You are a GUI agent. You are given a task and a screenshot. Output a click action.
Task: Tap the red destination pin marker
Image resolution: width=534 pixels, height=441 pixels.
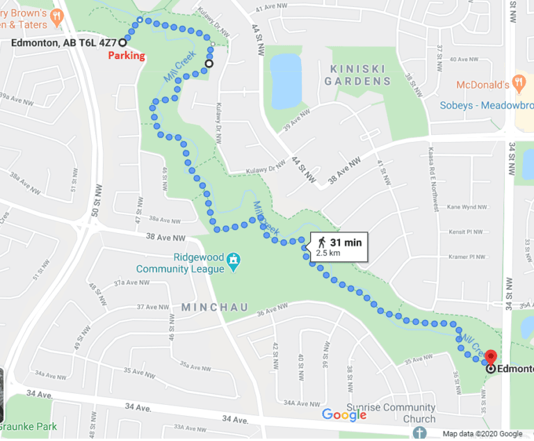click(x=491, y=355)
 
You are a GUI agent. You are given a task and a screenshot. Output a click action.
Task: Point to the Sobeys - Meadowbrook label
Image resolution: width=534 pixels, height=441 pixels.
click(x=486, y=106)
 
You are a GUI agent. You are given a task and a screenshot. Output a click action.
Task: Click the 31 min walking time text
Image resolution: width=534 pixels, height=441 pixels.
click(x=346, y=242)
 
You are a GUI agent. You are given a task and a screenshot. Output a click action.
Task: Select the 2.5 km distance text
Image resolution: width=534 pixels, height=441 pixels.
click(x=329, y=253)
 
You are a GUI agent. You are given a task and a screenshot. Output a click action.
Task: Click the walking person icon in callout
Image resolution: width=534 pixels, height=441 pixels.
click(x=321, y=242)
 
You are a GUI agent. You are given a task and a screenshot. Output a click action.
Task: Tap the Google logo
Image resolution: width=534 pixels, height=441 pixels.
click(x=343, y=415)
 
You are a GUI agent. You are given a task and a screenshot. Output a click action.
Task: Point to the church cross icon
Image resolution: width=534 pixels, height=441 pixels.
click(x=418, y=433)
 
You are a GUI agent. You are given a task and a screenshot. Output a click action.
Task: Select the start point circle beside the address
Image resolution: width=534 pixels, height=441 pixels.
click(x=122, y=42)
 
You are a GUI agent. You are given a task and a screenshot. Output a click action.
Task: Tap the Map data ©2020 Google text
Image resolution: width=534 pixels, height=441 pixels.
click(x=487, y=434)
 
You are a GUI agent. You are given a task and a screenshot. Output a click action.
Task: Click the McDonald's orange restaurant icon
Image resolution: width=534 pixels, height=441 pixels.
click(x=518, y=84)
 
